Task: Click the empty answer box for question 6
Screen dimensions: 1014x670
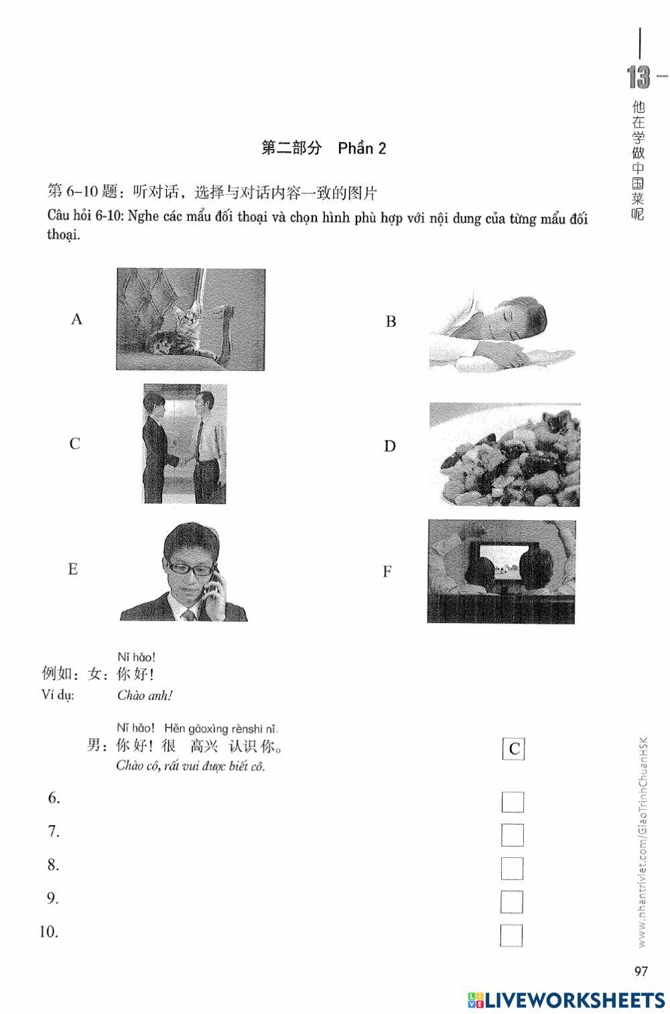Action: tap(512, 802)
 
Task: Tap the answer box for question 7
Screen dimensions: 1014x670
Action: tap(512, 835)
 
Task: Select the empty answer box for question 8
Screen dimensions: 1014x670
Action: tap(512, 868)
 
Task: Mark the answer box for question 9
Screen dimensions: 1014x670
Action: tap(512, 901)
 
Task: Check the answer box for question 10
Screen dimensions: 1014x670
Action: tap(511, 935)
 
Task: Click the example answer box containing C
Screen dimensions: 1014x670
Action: tap(514, 748)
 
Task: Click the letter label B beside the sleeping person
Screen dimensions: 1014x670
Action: tap(391, 321)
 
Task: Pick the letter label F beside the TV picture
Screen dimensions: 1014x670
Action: tap(387, 571)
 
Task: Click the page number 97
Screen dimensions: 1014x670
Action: tap(641, 971)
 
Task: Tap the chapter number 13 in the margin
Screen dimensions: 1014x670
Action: tap(639, 78)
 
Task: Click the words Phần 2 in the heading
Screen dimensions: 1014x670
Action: tap(362, 148)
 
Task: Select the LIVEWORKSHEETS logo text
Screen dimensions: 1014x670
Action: tap(575, 1000)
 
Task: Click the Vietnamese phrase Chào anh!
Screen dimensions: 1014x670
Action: tap(145, 695)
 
